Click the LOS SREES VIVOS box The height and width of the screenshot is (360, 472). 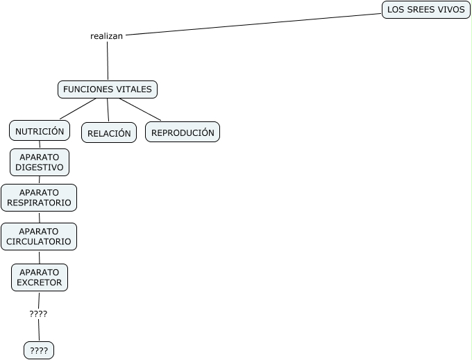click(425, 10)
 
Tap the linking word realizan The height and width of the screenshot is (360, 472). click(106, 36)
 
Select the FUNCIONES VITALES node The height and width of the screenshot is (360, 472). click(108, 89)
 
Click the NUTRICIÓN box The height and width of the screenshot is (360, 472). click(40, 130)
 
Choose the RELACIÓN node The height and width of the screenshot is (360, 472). click(109, 132)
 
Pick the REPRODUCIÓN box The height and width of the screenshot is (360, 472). click(183, 132)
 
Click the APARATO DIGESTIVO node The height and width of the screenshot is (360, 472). click(40, 162)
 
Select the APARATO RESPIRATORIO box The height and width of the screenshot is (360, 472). click(39, 198)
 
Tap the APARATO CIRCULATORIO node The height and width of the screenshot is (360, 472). click(39, 237)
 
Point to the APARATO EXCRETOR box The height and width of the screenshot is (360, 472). click(40, 277)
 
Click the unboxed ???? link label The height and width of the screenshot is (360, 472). click(38, 314)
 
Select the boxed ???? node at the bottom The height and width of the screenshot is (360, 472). click(39, 351)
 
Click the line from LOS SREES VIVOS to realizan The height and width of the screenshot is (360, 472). click(253, 24)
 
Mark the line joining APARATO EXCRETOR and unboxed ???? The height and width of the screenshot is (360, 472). click(39, 300)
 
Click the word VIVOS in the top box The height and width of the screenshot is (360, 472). click(450, 10)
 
